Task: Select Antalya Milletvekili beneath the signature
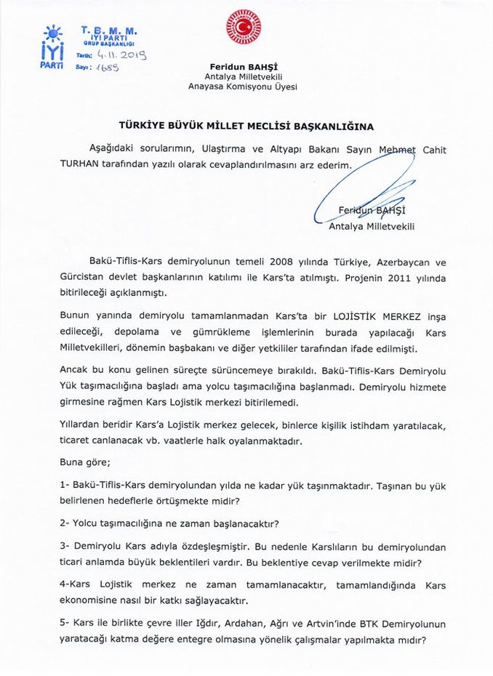tap(372, 226)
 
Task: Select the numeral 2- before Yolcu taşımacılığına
tap(65, 523)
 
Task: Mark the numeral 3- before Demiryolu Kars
tap(65, 546)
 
